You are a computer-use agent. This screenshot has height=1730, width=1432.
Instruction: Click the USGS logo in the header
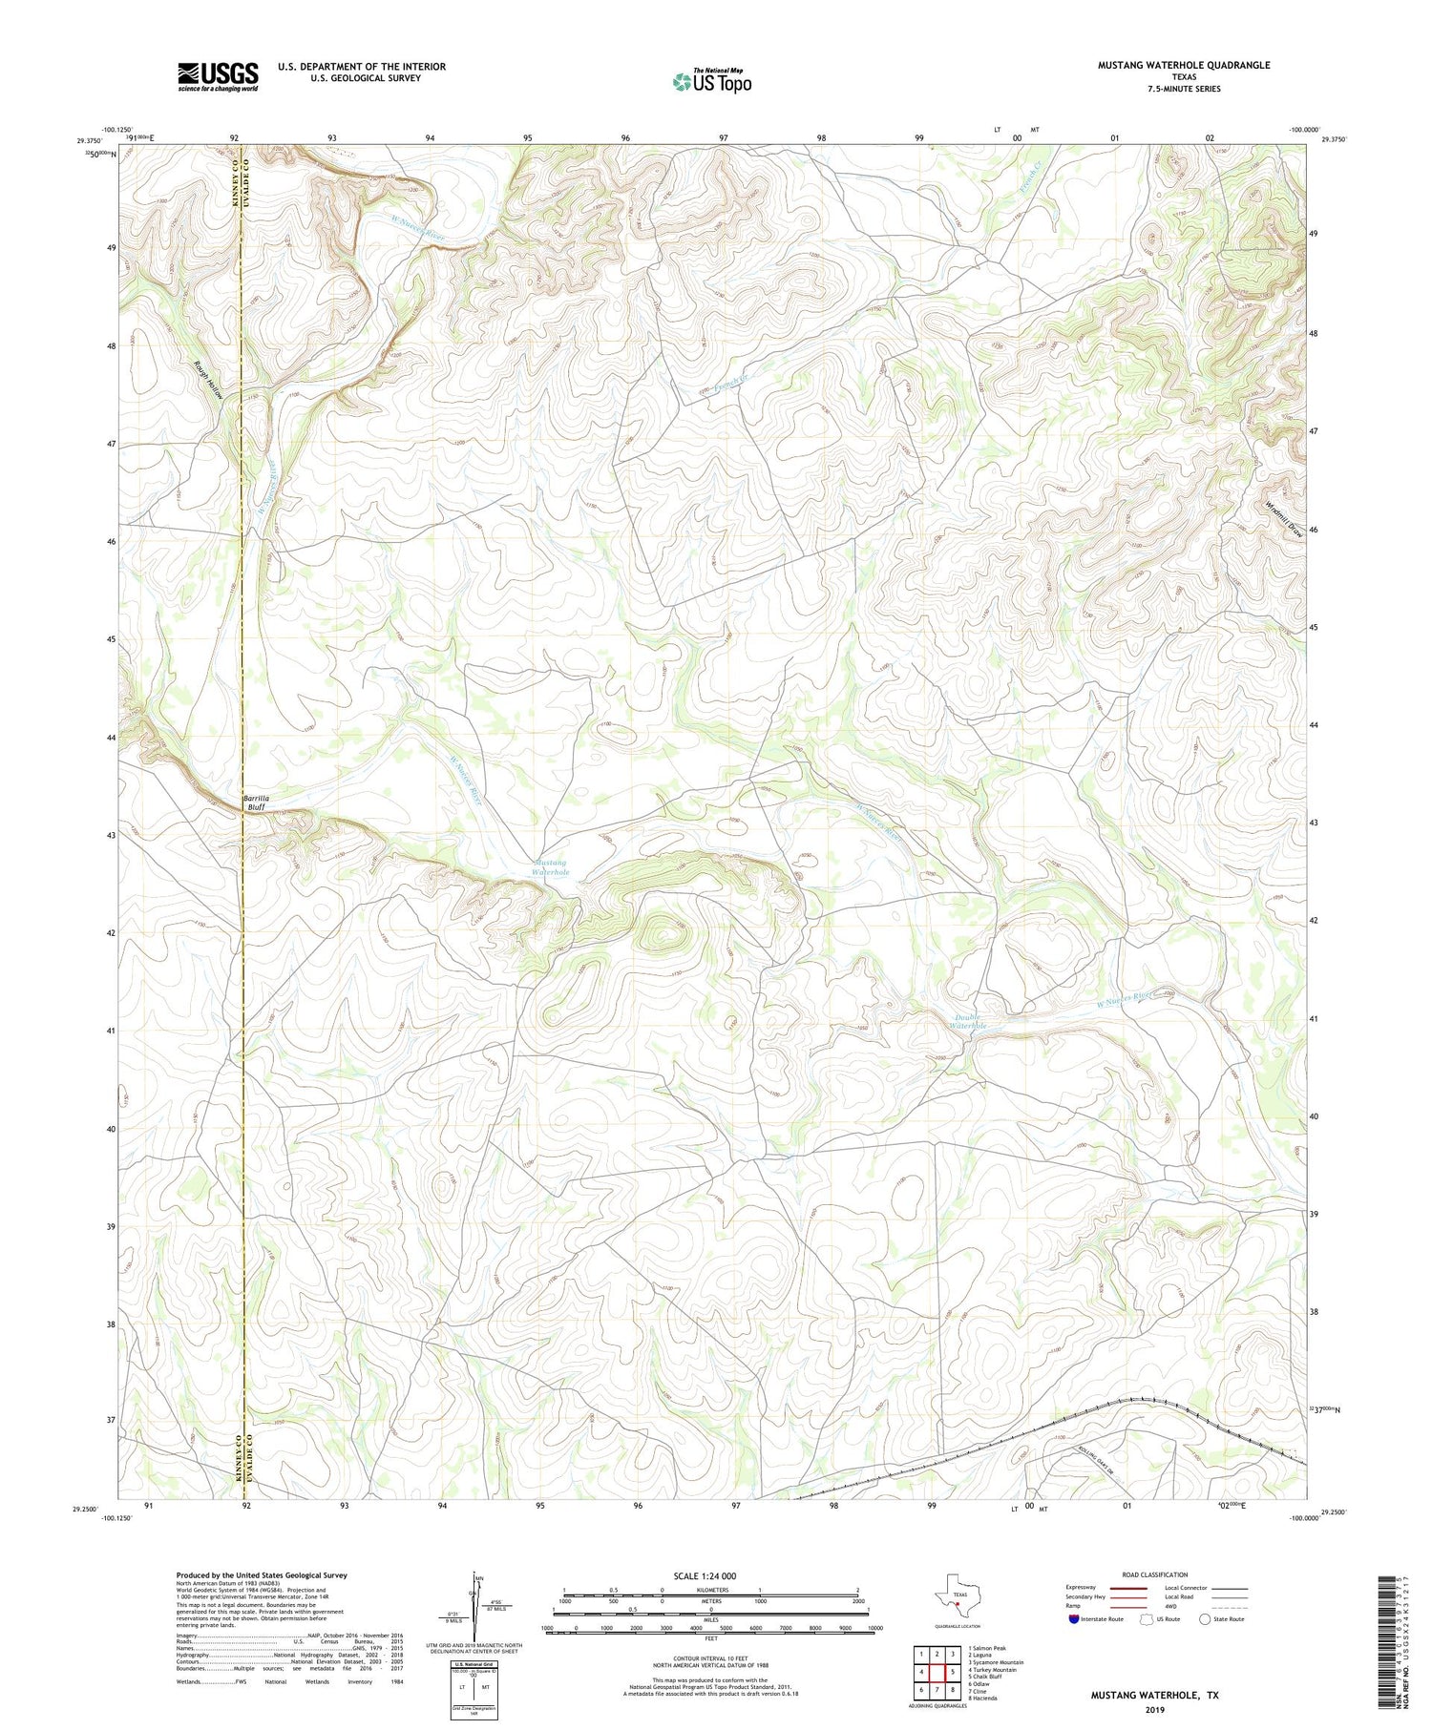pyautogui.click(x=218, y=76)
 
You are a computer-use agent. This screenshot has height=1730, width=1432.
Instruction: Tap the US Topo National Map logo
pyautogui.click(x=711, y=81)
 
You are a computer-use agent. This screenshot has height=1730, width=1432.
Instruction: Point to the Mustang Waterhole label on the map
pyautogui.click(x=551, y=867)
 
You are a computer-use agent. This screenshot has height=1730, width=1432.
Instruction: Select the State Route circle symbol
pyautogui.click(x=1205, y=1619)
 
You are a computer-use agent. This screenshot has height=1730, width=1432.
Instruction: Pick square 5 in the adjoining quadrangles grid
pyautogui.click(x=952, y=1672)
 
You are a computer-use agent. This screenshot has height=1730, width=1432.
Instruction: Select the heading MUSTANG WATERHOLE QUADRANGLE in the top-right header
pyautogui.click(x=1184, y=65)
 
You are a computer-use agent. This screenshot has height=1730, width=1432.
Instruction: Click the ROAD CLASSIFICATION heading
pyautogui.click(x=1155, y=1574)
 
